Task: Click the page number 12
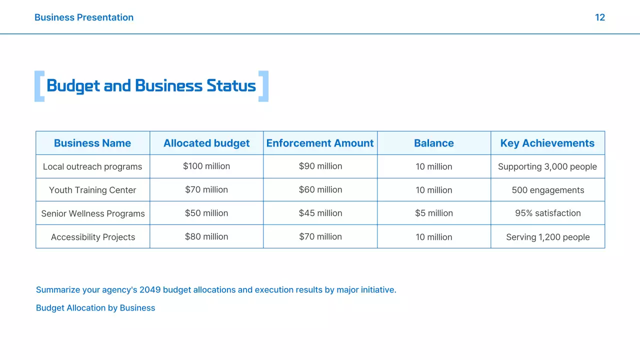click(599, 17)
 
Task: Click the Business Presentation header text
click(84, 17)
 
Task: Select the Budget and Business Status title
click(151, 86)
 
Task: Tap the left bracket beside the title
click(39, 86)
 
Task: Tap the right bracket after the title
click(263, 86)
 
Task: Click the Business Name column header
click(92, 143)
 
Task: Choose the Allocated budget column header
click(206, 143)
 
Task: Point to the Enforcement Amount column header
click(320, 143)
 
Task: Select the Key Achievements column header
click(547, 143)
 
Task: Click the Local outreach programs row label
click(92, 166)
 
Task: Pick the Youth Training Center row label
click(92, 190)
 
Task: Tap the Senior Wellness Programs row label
click(93, 213)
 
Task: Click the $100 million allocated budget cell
click(206, 166)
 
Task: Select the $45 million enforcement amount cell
click(320, 213)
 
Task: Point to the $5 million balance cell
click(434, 213)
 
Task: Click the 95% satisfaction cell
click(548, 213)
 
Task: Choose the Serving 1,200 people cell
click(548, 237)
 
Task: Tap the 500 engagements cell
click(548, 190)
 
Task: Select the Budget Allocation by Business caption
click(95, 308)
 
